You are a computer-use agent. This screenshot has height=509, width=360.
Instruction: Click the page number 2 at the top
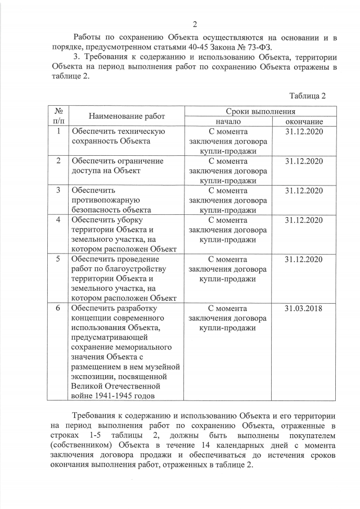pyautogui.click(x=195, y=24)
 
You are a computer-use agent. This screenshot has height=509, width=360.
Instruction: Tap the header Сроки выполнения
pyautogui.click(x=260, y=112)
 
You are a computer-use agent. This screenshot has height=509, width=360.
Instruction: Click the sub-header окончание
pyautogui.click(x=304, y=121)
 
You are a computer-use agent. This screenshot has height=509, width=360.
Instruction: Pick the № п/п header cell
pyautogui.click(x=58, y=116)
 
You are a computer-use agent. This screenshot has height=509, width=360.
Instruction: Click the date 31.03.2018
pyautogui.click(x=304, y=308)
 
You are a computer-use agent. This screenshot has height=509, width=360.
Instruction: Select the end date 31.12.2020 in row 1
pyautogui.click(x=304, y=131)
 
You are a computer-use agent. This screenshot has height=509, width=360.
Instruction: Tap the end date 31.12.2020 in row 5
pyautogui.click(x=304, y=259)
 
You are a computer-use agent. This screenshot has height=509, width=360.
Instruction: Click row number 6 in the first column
pyautogui.click(x=58, y=308)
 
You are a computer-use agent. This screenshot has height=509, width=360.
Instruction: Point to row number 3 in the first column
pyautogui.click(x=58, y=190)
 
